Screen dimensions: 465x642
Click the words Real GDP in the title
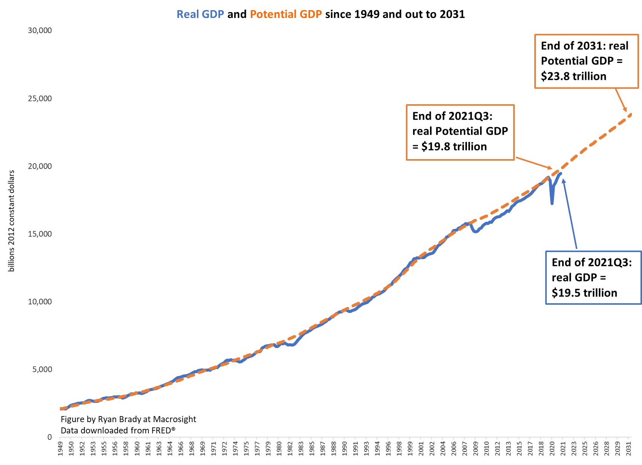[200, 14]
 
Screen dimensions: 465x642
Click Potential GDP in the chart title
[286, 14]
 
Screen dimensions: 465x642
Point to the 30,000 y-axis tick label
[40, 30]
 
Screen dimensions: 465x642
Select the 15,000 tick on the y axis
[40, 234]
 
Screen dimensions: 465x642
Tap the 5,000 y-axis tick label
[42, 369]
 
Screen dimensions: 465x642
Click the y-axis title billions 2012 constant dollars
[11, 221]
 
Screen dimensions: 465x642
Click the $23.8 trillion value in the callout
[573, 76]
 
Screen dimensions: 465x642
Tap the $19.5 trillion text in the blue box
[584, 293]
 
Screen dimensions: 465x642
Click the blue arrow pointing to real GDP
[570, 214]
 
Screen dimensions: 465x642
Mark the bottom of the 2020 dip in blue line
[552, 204]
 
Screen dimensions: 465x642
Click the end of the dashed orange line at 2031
[631, 114]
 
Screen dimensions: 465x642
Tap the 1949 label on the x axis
[60, 449]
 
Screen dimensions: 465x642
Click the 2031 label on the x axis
[628, 449]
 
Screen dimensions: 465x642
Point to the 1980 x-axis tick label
[279, 449]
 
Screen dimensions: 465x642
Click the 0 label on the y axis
[49, 437]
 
